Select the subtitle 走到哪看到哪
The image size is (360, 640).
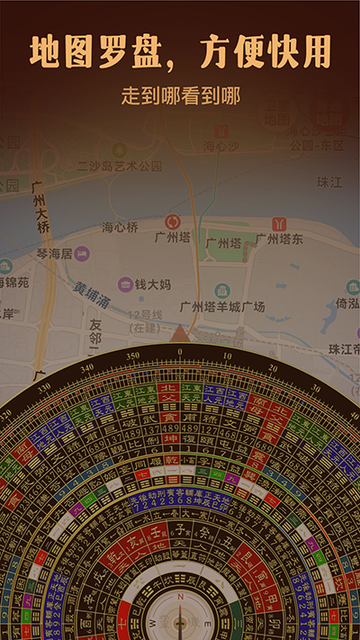pos(180,95)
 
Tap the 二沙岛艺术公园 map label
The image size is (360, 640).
pos(120,166)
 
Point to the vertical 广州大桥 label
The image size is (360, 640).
pos(40,209)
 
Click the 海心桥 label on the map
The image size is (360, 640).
pos(120,227)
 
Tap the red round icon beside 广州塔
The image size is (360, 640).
pos(172,221)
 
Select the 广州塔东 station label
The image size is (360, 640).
pos(279,239)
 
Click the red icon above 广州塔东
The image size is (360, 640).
pos(279,223)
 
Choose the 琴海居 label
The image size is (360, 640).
pos(54,254)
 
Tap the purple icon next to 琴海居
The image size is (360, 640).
pos(82,254)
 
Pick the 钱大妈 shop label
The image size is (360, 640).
pos(153,284)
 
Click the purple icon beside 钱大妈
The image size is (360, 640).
pos(126,284)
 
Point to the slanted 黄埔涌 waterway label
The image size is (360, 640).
pos(92,296)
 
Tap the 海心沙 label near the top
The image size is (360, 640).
pos(219,145)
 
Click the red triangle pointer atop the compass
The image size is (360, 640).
pos(180,334)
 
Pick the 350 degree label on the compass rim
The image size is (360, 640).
pos(133,356)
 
